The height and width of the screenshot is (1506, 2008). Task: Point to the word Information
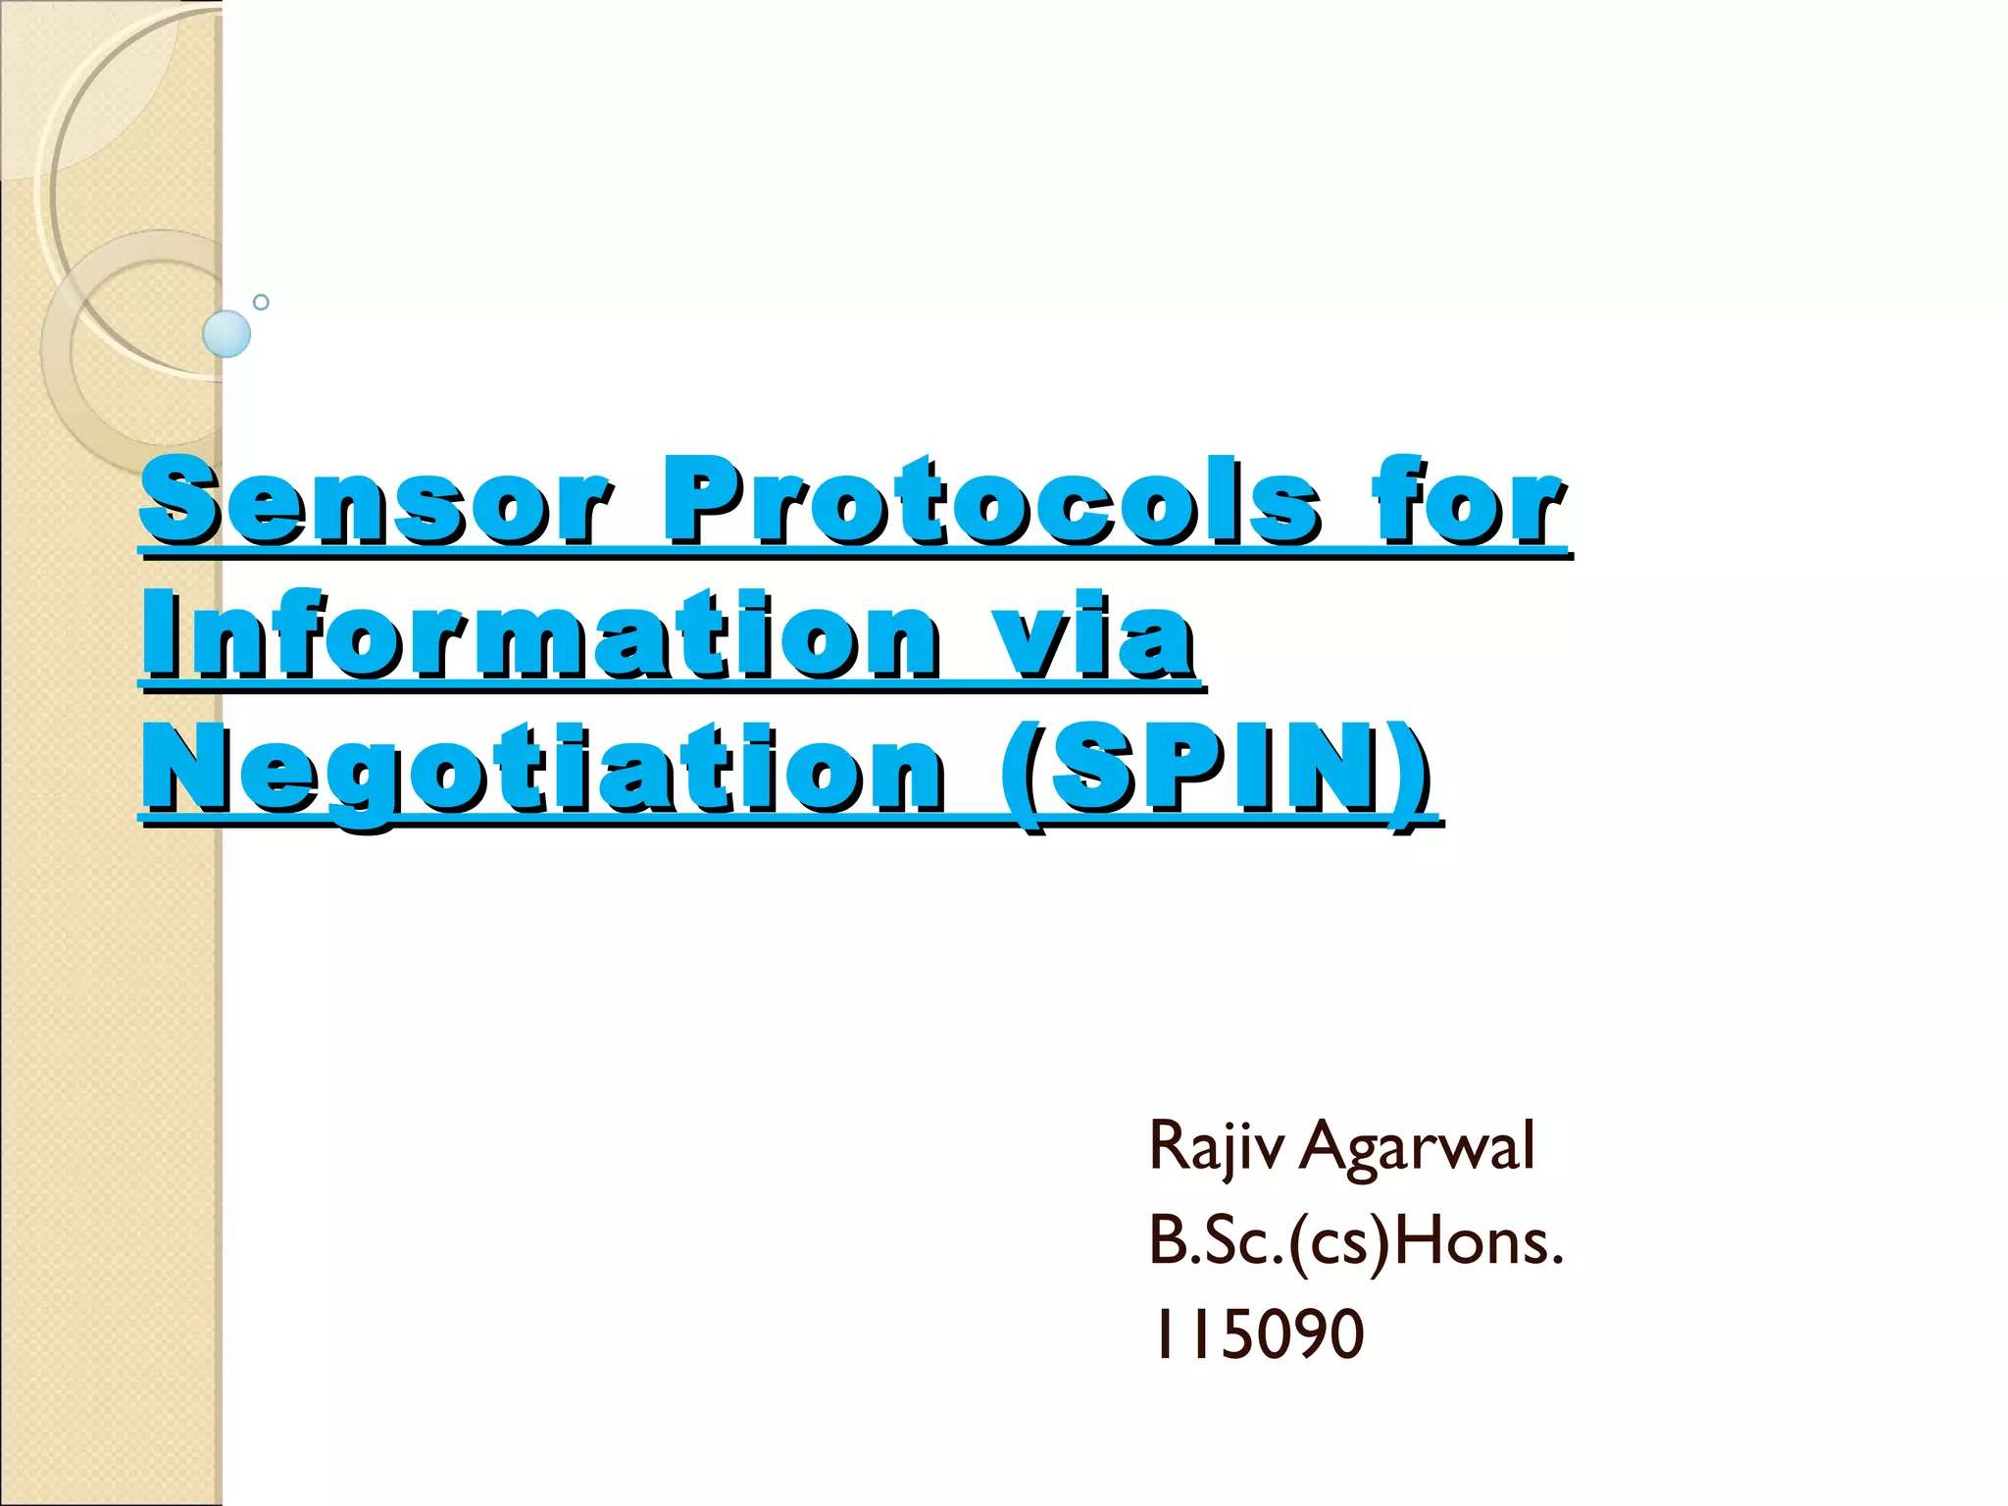540,635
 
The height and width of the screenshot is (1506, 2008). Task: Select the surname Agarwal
1417,1147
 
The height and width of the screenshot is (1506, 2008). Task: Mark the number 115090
1257,1334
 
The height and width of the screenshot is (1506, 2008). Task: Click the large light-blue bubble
226,333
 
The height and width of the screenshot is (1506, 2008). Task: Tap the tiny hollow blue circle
261,302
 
